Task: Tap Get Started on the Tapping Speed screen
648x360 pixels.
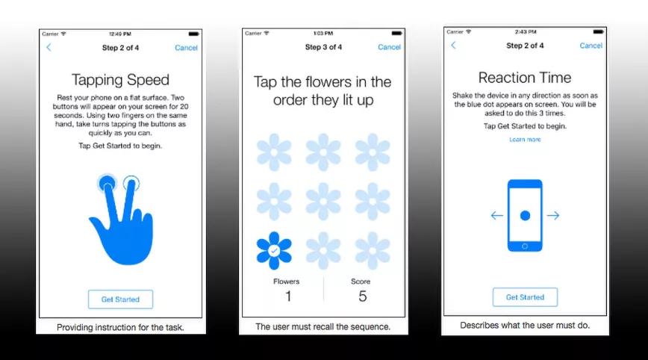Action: (x=120, y=300)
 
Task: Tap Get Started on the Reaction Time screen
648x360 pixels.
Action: (x=525, y=297)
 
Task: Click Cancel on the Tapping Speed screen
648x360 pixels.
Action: (x=186, y=48)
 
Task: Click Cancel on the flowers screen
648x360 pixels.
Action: (x=389, y=47)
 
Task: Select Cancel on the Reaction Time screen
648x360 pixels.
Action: (x=591, y=46)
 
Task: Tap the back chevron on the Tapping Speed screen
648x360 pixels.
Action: (x=49, y=48)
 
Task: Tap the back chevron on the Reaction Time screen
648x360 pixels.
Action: (x=453, y=45)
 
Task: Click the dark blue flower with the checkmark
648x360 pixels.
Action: (x=274, y=250)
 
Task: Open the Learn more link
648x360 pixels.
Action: (x=525, y=140)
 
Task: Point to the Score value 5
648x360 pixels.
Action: (x=362, y=296)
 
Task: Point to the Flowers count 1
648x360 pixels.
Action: (x=288, y=296)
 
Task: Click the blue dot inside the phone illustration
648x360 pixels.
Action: (x=525, y=215)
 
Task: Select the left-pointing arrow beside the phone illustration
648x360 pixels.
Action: (x=496, y=215)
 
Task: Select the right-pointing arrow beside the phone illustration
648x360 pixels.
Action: (x=553, y=215)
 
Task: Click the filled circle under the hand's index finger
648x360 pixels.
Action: (x=107, y=183)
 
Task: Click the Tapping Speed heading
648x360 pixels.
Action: (x=120, y=80)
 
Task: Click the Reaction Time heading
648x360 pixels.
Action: (x=525, y=78)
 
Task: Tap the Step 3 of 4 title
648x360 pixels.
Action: (x=323, y=47)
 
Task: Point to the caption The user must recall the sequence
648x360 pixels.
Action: (x=323, y=326)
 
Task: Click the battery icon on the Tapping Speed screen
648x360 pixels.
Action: (x=193, y=34)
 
